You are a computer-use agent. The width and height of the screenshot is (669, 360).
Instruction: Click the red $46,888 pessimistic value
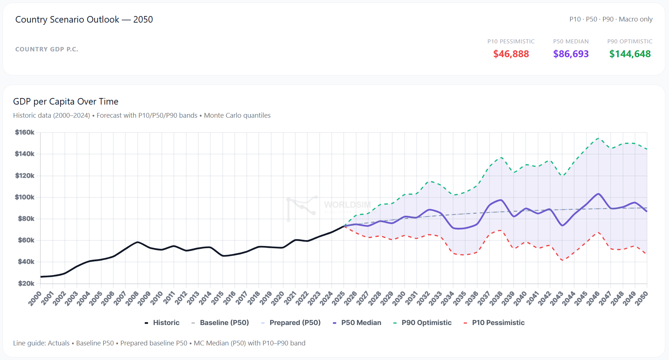tap(511, 54)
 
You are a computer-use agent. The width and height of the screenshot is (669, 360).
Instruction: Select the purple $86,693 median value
tap(571, 54)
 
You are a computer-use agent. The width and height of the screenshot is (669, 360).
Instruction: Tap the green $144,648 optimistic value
tap(630, 54)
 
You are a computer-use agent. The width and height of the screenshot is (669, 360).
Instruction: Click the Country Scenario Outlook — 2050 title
tap(84, 19)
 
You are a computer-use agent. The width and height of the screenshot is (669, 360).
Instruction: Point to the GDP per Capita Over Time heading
tap(66, 101)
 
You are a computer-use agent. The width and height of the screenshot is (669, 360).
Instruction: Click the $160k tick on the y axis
tap(25, 132)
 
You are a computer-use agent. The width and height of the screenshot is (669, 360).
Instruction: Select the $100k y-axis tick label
tap(25, 197)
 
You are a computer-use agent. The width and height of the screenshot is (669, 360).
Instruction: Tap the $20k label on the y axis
tap(26, 283)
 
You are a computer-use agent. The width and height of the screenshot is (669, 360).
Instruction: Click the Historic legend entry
tap(162, 322)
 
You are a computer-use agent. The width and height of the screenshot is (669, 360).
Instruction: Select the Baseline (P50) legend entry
tap(220, 322)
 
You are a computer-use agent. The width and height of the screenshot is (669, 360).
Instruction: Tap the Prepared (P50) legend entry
tap(291, 322)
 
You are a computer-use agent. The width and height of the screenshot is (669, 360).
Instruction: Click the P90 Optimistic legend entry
tap(422, 322)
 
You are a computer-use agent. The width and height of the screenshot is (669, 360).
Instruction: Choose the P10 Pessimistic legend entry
tap(494, 322)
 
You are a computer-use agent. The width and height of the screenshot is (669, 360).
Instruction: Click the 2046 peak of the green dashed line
tap(598, 138)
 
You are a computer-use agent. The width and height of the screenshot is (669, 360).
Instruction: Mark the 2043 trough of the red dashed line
tap(562, 260)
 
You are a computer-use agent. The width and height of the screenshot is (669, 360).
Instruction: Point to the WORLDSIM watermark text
tap(347, 205)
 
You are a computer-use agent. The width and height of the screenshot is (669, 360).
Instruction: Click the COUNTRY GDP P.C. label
tap(47, 49)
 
